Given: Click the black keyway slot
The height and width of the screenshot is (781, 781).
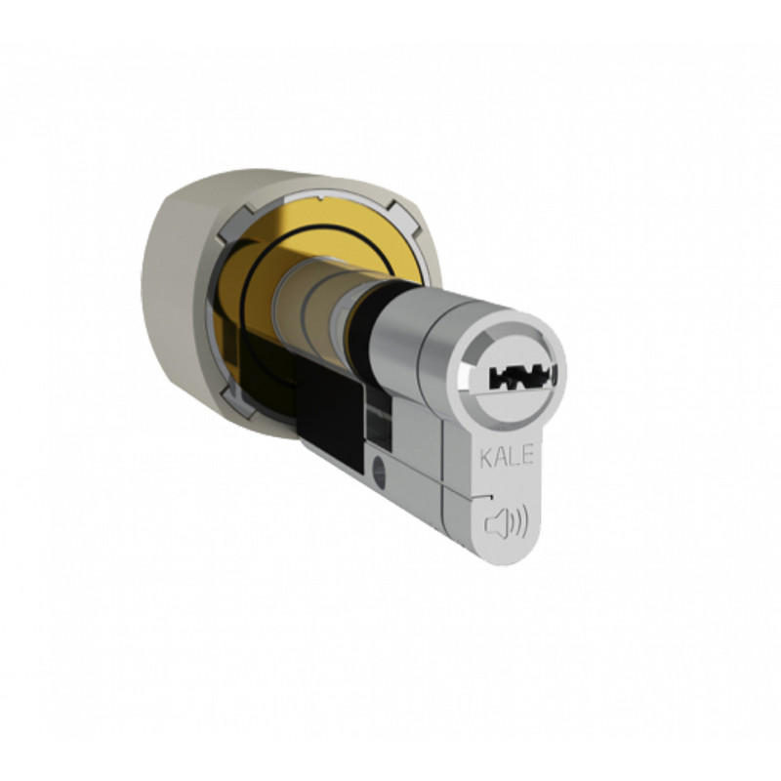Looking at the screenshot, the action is pyautogui.click(x=523, y=378).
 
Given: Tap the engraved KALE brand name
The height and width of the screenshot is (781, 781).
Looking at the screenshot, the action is pyautogui.click(x=507, y=456).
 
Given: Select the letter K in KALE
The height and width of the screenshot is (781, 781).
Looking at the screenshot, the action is pyautogui.click(x=486, y=458).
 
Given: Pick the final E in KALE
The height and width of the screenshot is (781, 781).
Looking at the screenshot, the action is pyautogui.click(x=528, y=455).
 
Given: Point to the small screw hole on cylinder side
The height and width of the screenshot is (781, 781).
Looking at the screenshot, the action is pyautogui.click(x=379, y=472).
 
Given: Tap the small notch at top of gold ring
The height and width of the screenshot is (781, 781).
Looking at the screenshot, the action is pyautogui.click(x=321, y=200).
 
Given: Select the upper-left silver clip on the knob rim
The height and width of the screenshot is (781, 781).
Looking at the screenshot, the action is pyautogui.click(x=234, y=222).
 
